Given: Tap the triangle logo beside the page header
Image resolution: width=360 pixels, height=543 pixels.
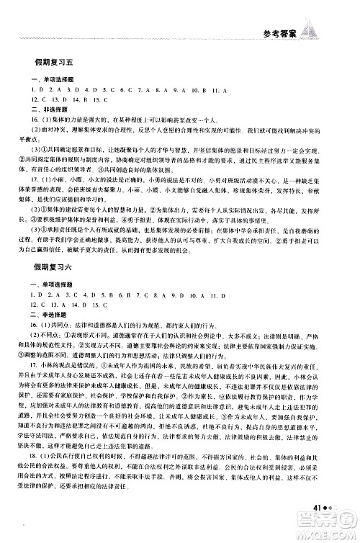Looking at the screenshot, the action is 311,31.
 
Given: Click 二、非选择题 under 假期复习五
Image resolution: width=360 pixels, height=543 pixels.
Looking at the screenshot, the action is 46,108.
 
